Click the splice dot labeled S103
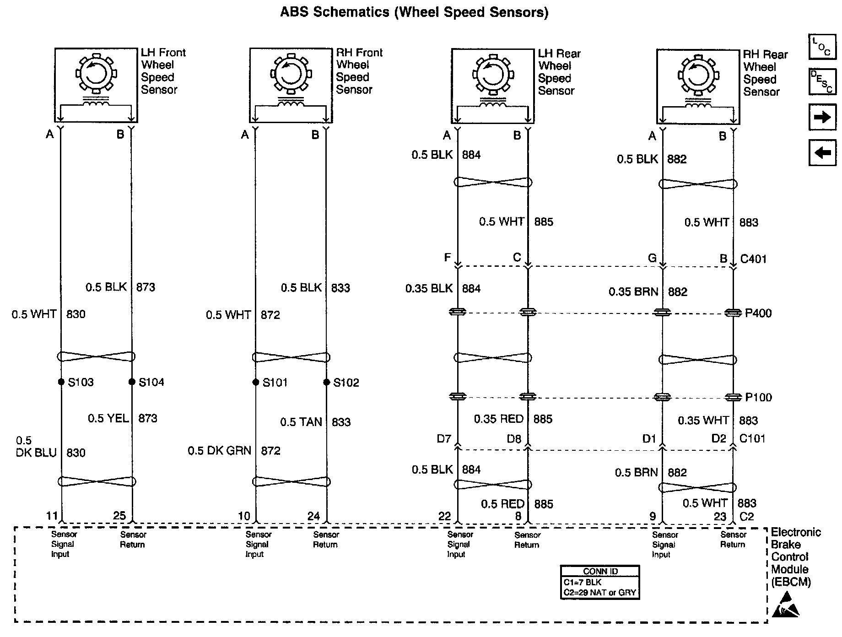61,382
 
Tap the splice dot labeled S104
132,382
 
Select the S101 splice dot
256,382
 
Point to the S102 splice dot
326,382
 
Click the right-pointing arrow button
822,118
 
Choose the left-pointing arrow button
822,152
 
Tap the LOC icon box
822,47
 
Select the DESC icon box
822,81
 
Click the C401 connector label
753,259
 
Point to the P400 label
758,313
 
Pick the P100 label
758,397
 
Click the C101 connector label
752,438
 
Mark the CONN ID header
600,571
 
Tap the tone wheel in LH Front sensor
96,73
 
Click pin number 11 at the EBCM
52,516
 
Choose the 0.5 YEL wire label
108,418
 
